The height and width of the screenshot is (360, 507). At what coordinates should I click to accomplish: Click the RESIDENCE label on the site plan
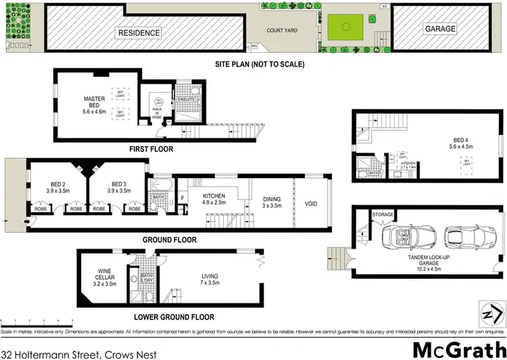[x=140, y=32]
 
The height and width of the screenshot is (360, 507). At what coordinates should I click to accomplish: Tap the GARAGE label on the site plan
[x=440, y=29]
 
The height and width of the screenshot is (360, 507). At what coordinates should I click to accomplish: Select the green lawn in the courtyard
[x=347, y=29]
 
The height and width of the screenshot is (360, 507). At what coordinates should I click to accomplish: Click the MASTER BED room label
[x=94, y=103]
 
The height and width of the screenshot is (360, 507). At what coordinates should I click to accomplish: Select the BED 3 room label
[x=119, y=187]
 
